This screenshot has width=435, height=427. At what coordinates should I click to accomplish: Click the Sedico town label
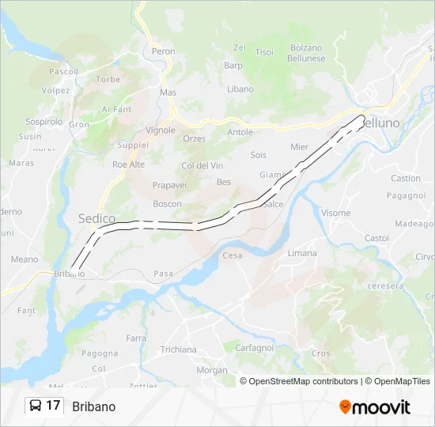96,218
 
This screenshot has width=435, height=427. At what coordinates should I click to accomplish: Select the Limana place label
302,253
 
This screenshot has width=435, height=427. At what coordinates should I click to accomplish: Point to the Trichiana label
178,350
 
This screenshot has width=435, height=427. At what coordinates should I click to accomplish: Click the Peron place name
163,51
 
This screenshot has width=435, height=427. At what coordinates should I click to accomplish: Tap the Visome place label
335,213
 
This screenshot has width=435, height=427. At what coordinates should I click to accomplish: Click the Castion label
406,179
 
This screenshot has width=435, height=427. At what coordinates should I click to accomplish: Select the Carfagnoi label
253,347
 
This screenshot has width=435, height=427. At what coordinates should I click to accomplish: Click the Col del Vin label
202,165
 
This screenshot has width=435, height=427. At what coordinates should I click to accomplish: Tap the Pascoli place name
63,71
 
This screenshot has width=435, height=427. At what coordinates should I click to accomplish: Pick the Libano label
240,89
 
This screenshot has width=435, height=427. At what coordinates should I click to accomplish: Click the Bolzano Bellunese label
307,53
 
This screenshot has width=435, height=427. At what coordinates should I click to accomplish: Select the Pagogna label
100,353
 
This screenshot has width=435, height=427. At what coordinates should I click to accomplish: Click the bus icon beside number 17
36,406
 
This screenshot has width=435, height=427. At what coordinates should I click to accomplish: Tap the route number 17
53,406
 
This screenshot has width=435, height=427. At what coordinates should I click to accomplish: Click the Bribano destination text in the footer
93,406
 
